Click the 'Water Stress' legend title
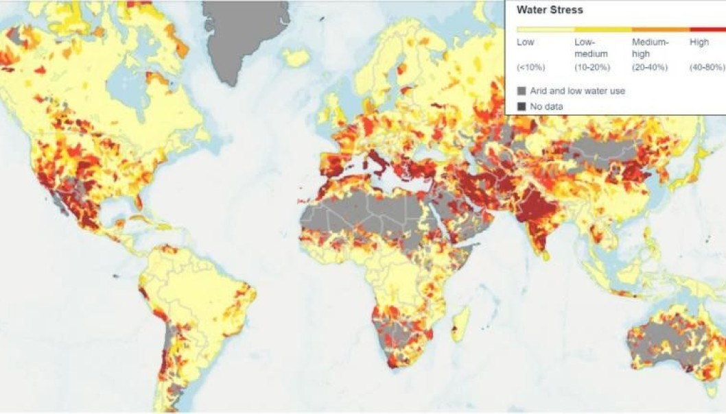tap(549, 10)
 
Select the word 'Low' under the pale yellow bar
tap(525, 42)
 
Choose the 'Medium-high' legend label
tap(650, 48)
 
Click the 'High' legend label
tap(699, 42)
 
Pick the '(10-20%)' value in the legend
tap(592, 67)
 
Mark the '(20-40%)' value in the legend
tap(650, 67)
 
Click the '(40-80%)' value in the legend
tap(707, 67)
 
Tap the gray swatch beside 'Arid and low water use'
tap(522, 90)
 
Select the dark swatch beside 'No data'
tap(522, 106)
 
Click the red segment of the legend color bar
tap(707, 30)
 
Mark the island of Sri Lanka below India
tap(546, 255)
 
